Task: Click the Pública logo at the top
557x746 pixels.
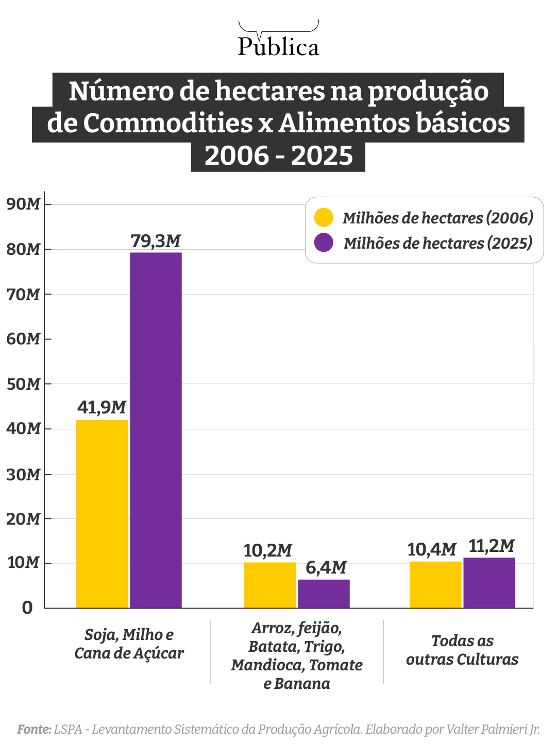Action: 278,41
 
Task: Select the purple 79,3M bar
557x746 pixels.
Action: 156,430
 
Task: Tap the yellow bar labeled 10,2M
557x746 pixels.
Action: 270,585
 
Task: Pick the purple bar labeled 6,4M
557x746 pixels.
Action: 324,594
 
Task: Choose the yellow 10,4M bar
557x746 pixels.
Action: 435,585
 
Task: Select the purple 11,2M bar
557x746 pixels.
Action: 489,583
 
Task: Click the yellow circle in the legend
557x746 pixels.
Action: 324,218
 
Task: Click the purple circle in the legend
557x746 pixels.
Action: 324,242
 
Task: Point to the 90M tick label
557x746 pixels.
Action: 23,204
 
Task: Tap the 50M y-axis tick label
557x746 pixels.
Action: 23,384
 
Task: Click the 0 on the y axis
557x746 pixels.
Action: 27,608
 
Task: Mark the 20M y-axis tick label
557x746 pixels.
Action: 23,519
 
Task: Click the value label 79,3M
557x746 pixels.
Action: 156,241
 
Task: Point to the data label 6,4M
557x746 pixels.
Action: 326,568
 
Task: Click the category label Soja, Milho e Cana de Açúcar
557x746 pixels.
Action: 129,644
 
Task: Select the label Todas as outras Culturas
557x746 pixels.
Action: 462,650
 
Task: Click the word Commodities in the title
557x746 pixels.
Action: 167,124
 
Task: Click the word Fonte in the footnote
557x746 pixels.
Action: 34,730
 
